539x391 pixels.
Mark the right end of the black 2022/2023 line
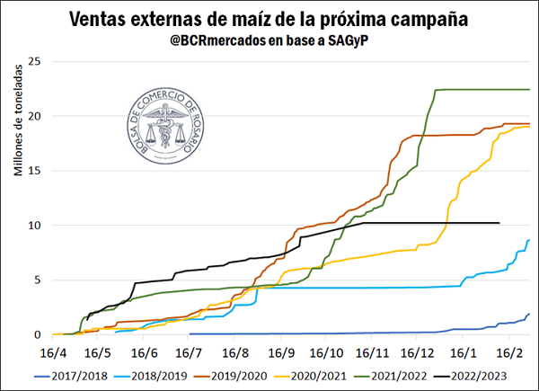[x=498, y=223]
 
